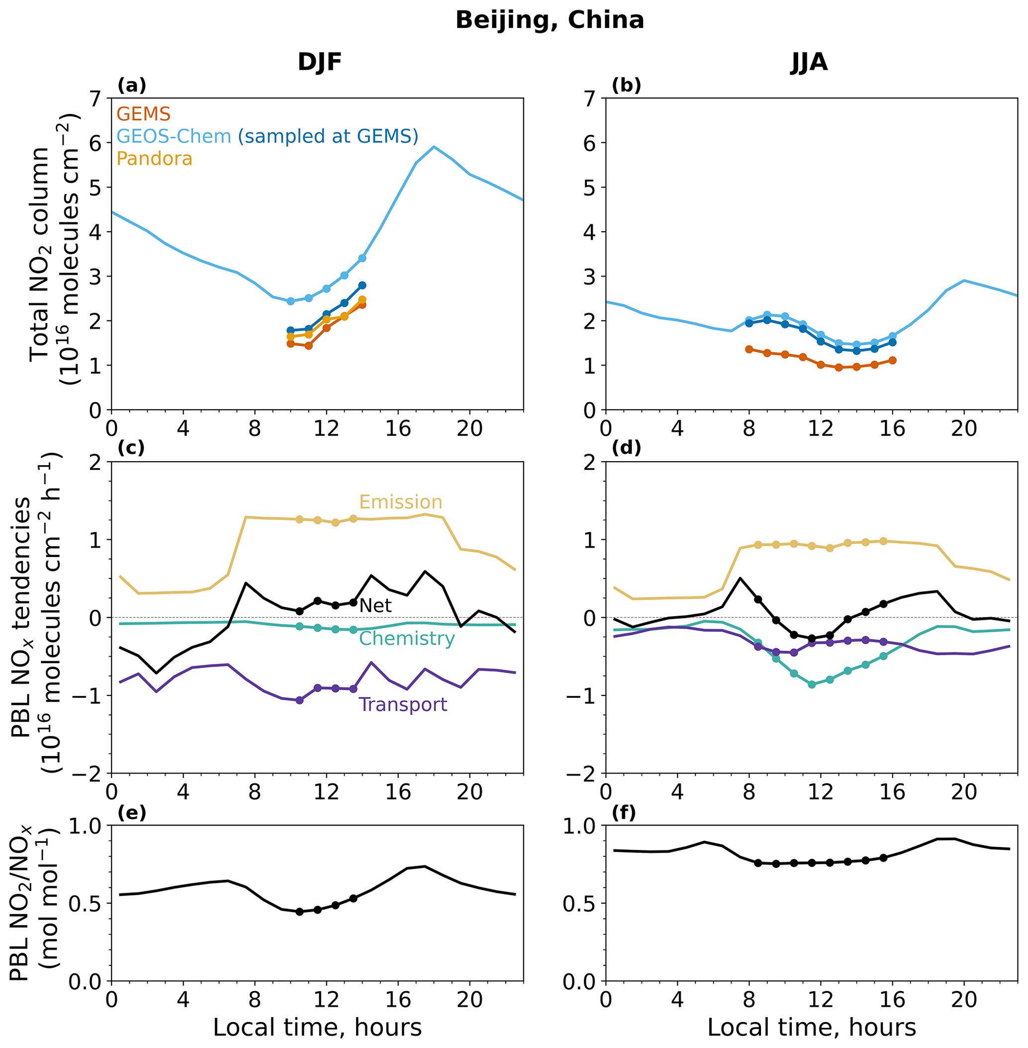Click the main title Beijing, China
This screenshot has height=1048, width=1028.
tap(549, 21)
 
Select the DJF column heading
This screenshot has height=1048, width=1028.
tap(320, 63)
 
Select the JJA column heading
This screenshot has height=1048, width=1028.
tap(809, 63)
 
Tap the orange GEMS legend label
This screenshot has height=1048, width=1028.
tap(143, 114)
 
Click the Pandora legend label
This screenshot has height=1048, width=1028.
tap(154, 159)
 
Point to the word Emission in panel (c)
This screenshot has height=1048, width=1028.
tap(401, 502)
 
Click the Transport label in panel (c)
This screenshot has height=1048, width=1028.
tap(403, 705)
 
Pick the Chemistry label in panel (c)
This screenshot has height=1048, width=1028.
tap(406, 639)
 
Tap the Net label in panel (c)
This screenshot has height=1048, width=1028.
tap(375, 606)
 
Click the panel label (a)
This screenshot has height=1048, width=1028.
tap(132, 86)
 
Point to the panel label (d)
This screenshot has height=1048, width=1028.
tap(626, 449)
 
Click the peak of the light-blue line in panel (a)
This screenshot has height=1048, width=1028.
tap(434, 146)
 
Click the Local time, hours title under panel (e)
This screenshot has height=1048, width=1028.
tap(317, 1028)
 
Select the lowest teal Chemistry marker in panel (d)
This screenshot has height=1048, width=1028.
tap(812, 684)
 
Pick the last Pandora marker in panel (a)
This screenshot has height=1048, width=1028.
tap(362, 299)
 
